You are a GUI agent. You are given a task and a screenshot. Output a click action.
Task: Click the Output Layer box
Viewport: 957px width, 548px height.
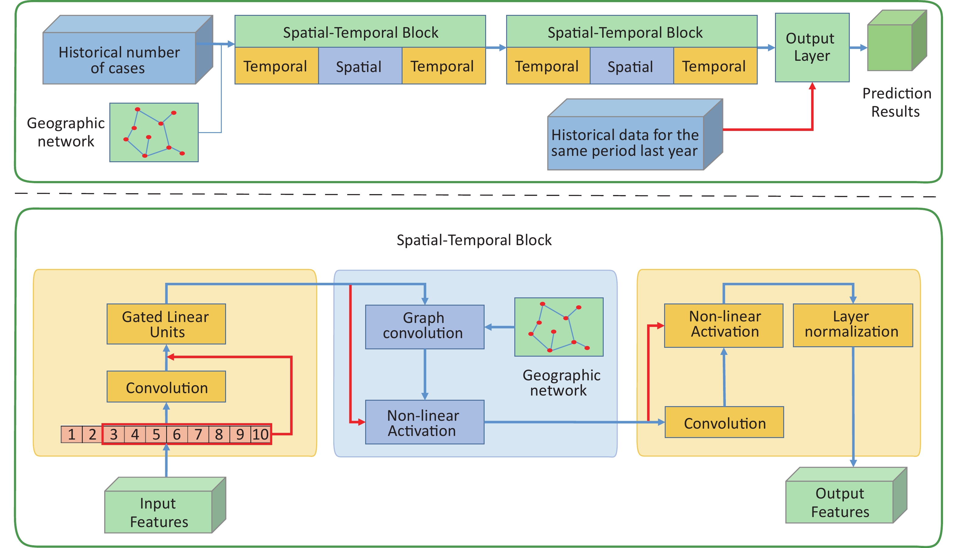[812, 47]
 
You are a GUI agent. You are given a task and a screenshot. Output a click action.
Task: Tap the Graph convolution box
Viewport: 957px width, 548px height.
[424, 327]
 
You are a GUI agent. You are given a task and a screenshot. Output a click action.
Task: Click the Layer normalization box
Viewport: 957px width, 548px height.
[852, 325]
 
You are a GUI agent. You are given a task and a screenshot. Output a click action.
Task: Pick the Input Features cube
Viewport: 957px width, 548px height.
[165, 505]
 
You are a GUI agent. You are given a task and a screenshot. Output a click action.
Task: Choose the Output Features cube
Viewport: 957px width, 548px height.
[846, 495]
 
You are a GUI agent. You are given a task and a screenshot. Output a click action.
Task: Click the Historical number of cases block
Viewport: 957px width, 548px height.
[128, 50]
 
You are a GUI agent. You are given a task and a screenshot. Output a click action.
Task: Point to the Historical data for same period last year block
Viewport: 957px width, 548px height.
[635, 134]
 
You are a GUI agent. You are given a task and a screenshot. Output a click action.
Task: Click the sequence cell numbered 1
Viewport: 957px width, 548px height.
[71, 434]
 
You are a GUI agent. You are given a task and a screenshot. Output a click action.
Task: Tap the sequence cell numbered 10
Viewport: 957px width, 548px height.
[260, 434]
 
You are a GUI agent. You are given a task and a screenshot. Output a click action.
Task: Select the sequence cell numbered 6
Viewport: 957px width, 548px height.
[177, 434]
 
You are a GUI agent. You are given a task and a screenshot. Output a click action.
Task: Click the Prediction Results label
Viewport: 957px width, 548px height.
[897, 102]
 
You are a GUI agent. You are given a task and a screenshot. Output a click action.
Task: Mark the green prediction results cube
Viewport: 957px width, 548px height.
[897, 40]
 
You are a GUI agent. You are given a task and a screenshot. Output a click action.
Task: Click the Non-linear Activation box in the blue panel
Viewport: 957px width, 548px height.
[424, 422]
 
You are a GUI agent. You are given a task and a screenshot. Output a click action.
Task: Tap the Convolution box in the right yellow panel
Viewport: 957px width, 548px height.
[724, 422]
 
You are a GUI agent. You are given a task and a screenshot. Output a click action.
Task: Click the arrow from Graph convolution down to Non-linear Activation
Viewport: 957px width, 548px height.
[425, 375]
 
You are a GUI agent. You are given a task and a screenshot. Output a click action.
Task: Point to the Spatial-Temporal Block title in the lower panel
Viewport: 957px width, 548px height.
[474, 240]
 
